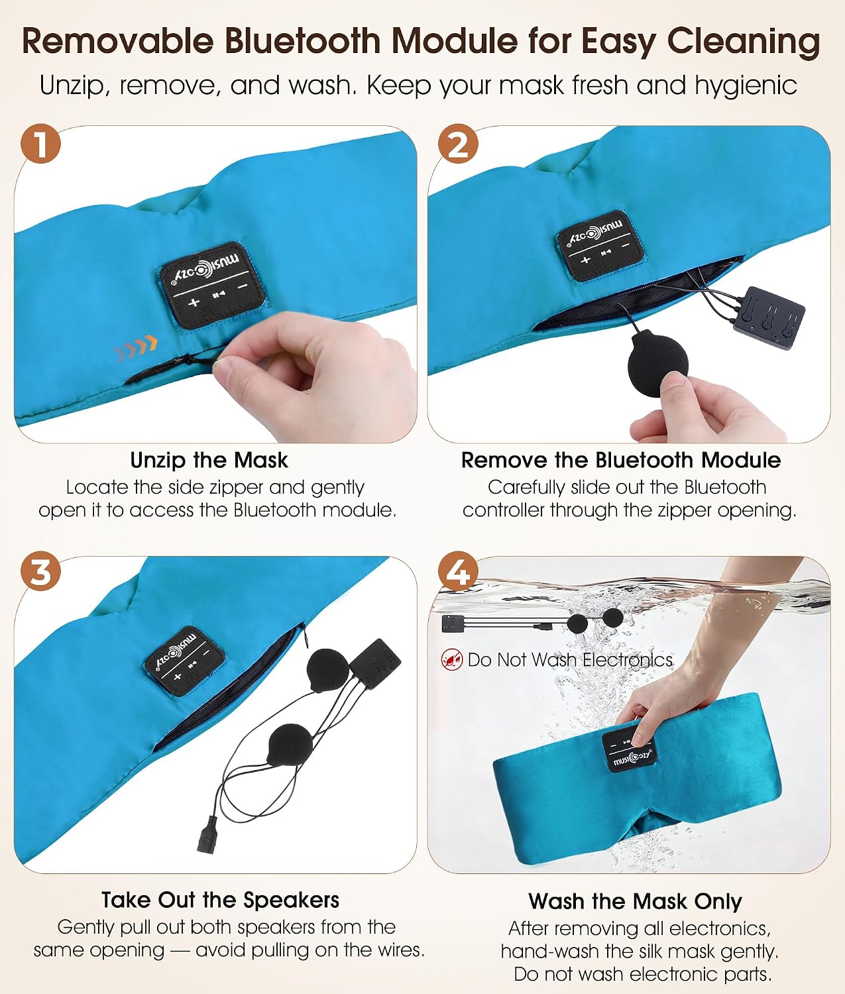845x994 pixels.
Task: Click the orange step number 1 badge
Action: [40, 143]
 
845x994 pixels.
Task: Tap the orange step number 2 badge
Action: [458, 143]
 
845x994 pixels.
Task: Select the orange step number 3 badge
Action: [40, 571]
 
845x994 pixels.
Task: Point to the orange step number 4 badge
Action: [458, 571]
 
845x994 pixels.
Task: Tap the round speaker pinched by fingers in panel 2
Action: [657, 362]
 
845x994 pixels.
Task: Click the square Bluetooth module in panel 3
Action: [375, 663]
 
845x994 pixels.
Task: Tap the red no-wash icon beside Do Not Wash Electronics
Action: [451, 659]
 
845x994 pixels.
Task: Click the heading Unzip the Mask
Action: [209, 460]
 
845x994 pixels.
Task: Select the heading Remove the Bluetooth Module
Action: [621, 460]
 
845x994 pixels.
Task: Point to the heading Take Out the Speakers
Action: [220, 900]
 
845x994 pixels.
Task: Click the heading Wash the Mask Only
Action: [635, 901]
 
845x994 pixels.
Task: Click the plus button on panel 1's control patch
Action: [194, 302]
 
